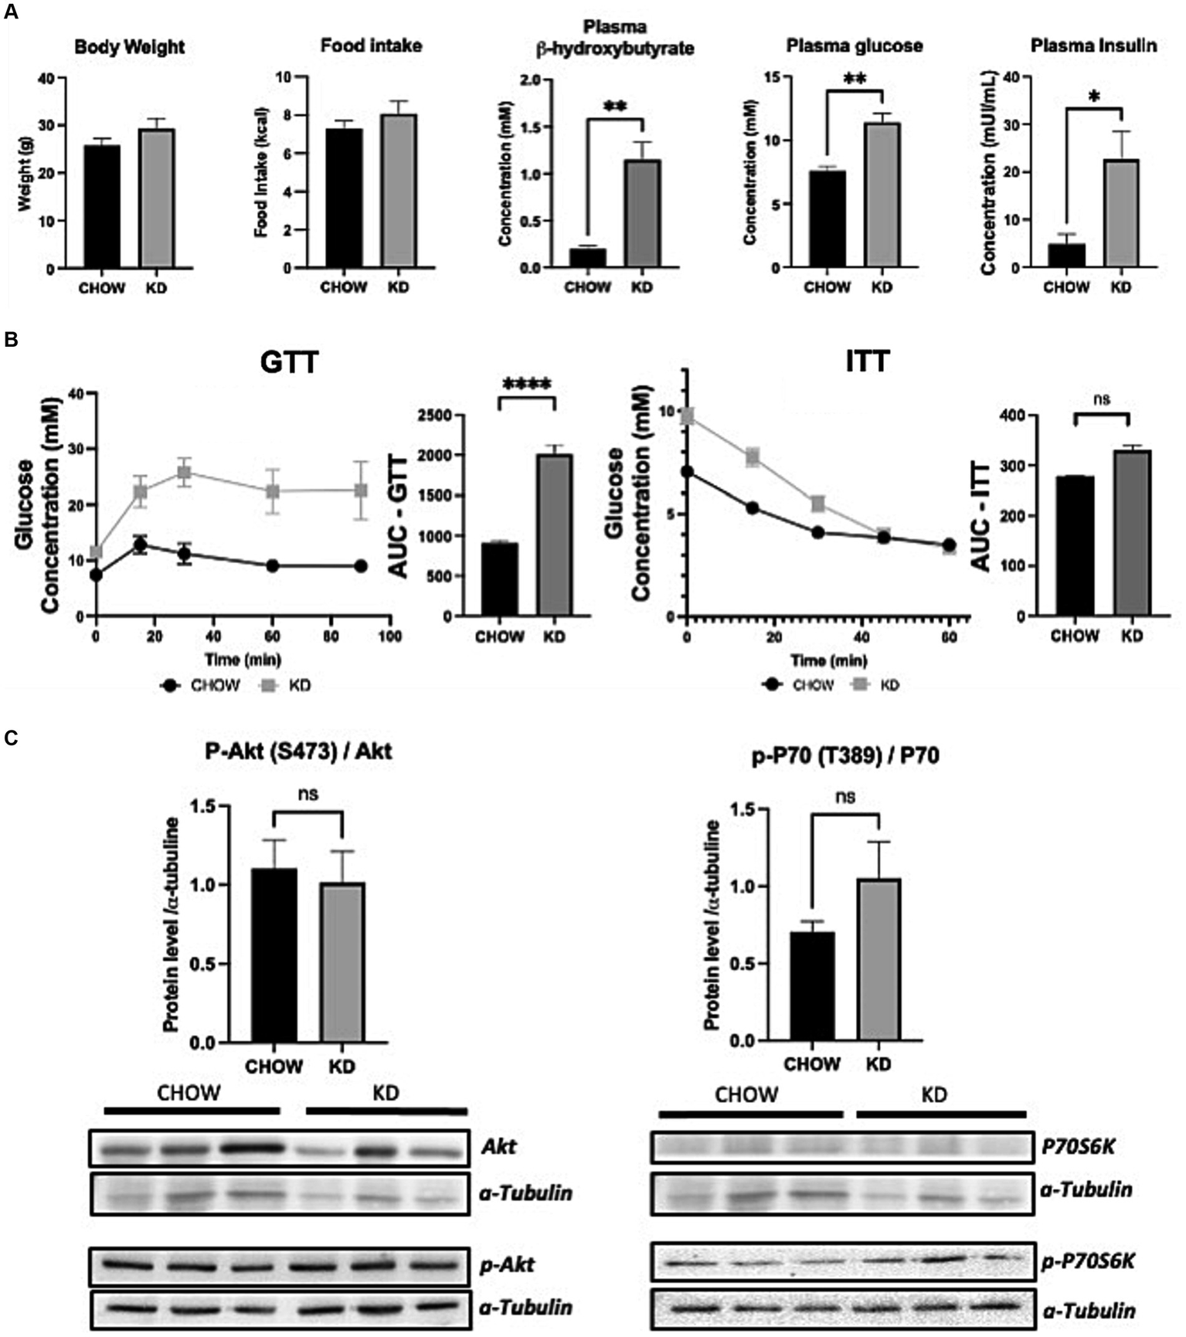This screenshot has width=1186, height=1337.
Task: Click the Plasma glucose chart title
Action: pos(855,46)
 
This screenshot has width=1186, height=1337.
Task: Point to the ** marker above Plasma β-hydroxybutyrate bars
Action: pos(615,107)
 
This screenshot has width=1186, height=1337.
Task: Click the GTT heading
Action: pos(289,361)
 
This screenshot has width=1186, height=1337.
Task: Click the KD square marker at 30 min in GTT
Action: pos(184,472)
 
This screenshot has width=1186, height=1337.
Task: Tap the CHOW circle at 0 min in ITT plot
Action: pos(687,471)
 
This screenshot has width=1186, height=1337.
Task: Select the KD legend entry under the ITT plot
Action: pos(876,684)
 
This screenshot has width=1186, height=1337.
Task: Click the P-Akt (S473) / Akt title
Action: pos(298,751)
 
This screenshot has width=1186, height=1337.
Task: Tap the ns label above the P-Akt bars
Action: pos(308,794)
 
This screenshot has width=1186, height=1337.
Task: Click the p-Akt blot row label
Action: pos(508,1265)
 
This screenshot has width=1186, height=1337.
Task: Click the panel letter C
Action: pos(11,738)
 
